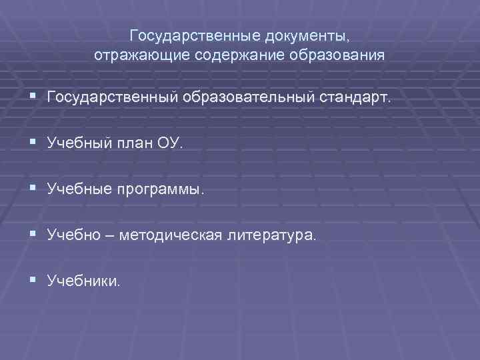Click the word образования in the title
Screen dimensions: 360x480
[337, 54]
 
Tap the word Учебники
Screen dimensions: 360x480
[84, 282]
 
